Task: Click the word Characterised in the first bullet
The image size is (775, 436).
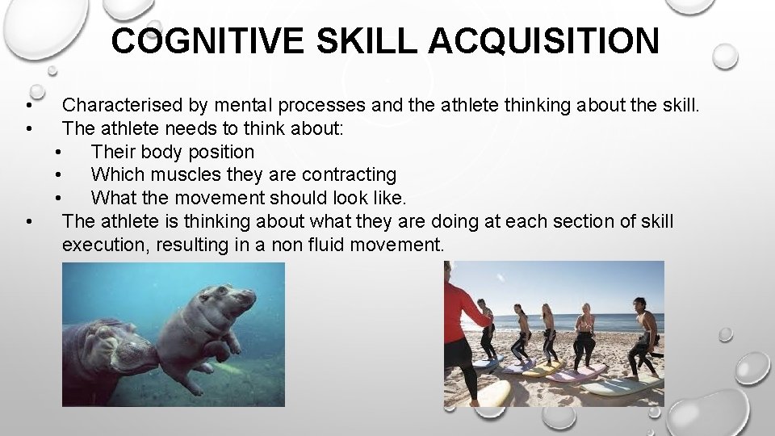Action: point(123,105)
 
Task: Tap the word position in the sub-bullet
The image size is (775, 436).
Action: point(220,152)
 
